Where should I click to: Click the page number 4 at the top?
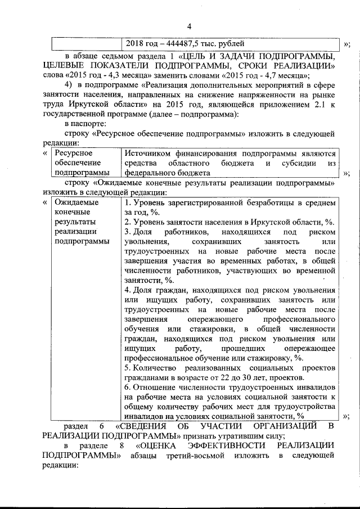[189, 26]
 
